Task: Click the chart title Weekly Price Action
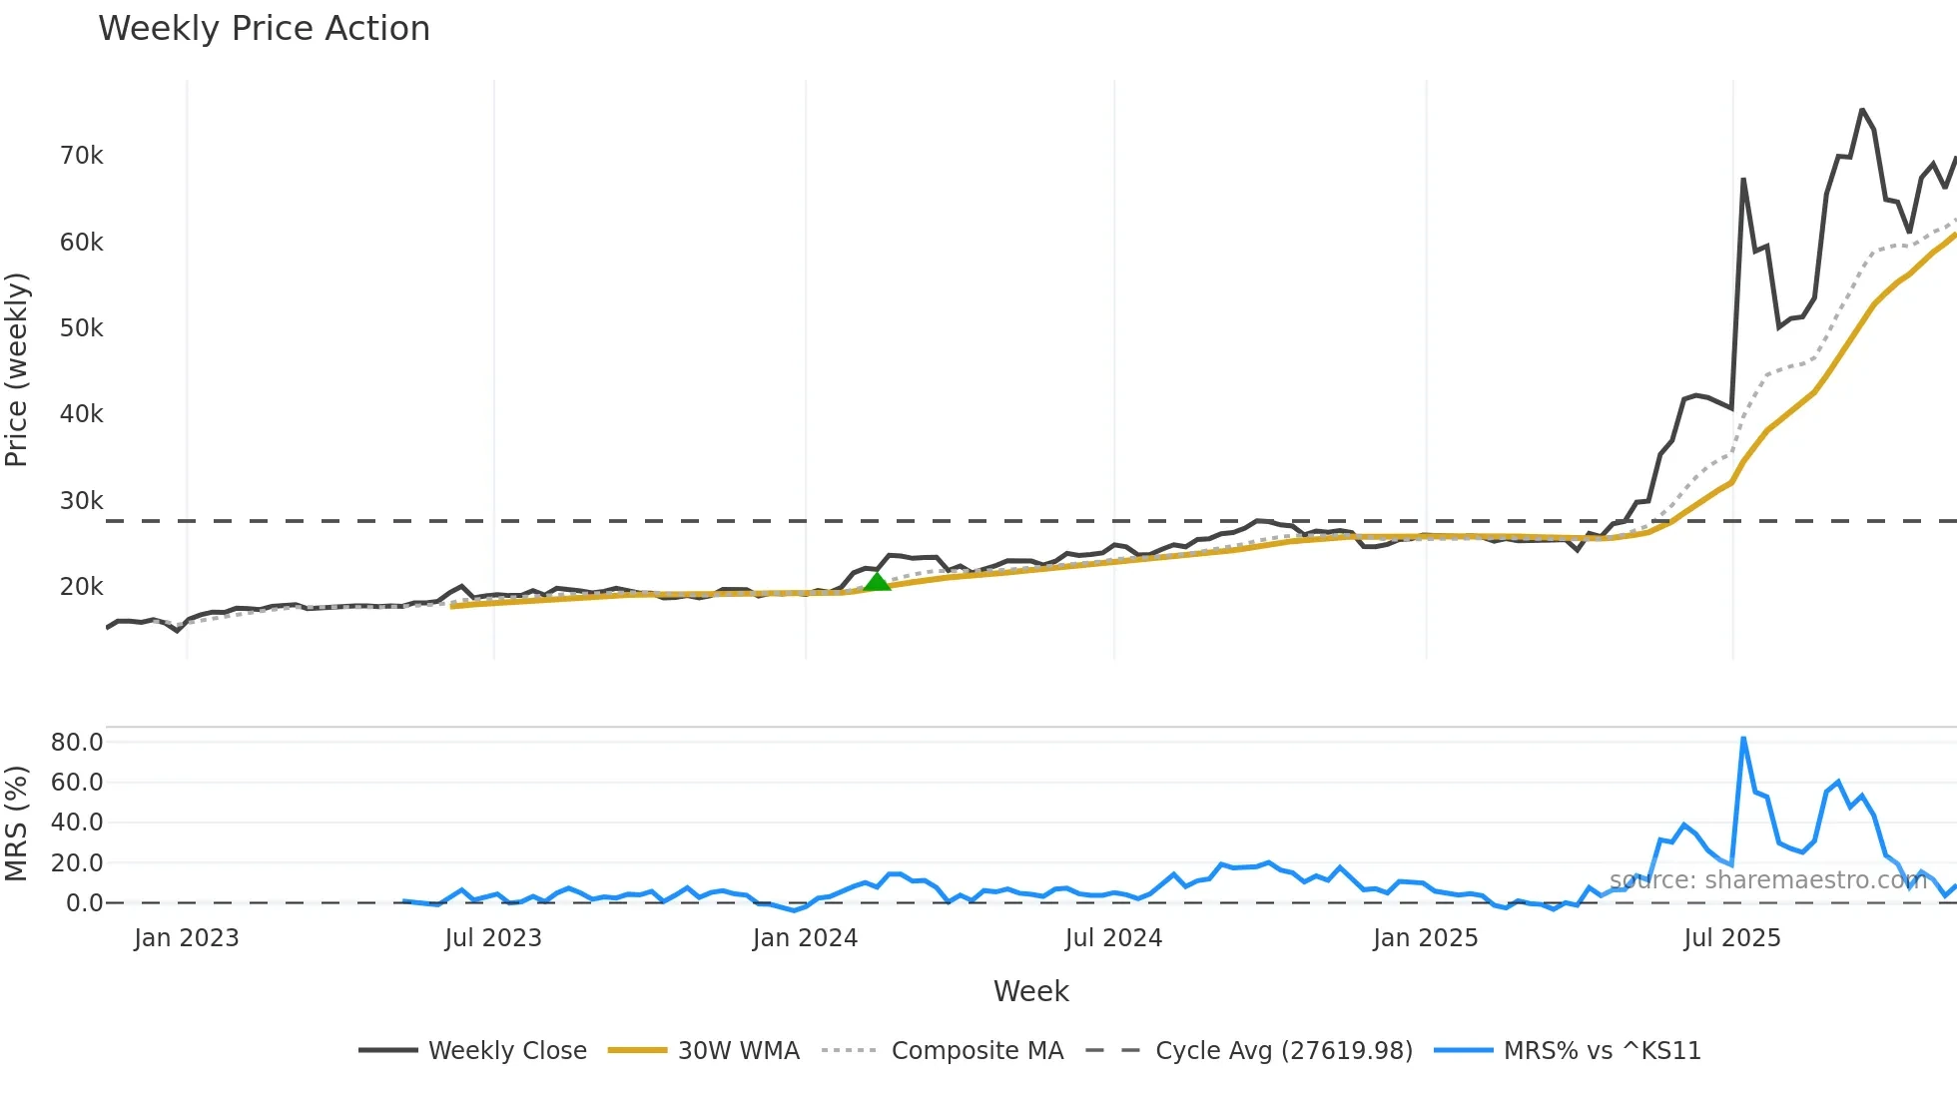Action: pos(264,29)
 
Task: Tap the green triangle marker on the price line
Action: pos(876,581)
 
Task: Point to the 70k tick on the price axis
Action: pos(81,156)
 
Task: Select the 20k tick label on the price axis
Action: pos(81,587)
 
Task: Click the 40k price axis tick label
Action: pos(81,414)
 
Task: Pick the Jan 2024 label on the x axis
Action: pos(805,938)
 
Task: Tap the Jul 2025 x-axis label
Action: pos(1731,938)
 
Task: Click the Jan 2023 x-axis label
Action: pos(187,938)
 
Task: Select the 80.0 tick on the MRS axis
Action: pos(77,743)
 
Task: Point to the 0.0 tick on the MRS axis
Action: pos(84,903)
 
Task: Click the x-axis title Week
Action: pos(1030,991)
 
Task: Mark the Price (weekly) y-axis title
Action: pos(17,369)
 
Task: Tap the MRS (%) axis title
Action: pos(17,824)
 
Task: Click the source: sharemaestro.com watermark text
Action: pos(1767,880)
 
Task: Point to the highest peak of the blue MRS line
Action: pos(1743,739)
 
